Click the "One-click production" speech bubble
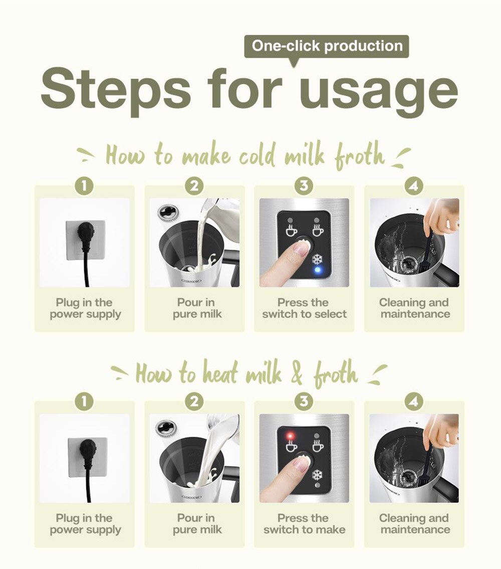[x=327, y=47]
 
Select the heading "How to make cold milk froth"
[x=244, y=155]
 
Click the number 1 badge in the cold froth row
[x=84, y=186]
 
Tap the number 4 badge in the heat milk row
[x=414, y=402]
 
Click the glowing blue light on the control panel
[x=318, y=270]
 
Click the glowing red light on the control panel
[x=290, y=436]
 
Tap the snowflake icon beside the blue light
[x=318, y=259]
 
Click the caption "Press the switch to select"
[x=304, y=308]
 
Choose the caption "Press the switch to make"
[x=304, y=524]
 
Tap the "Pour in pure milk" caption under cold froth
[x=196, y=308]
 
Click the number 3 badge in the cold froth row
[x=304, y=186]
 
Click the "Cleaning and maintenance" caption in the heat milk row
[x=414, y=524]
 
